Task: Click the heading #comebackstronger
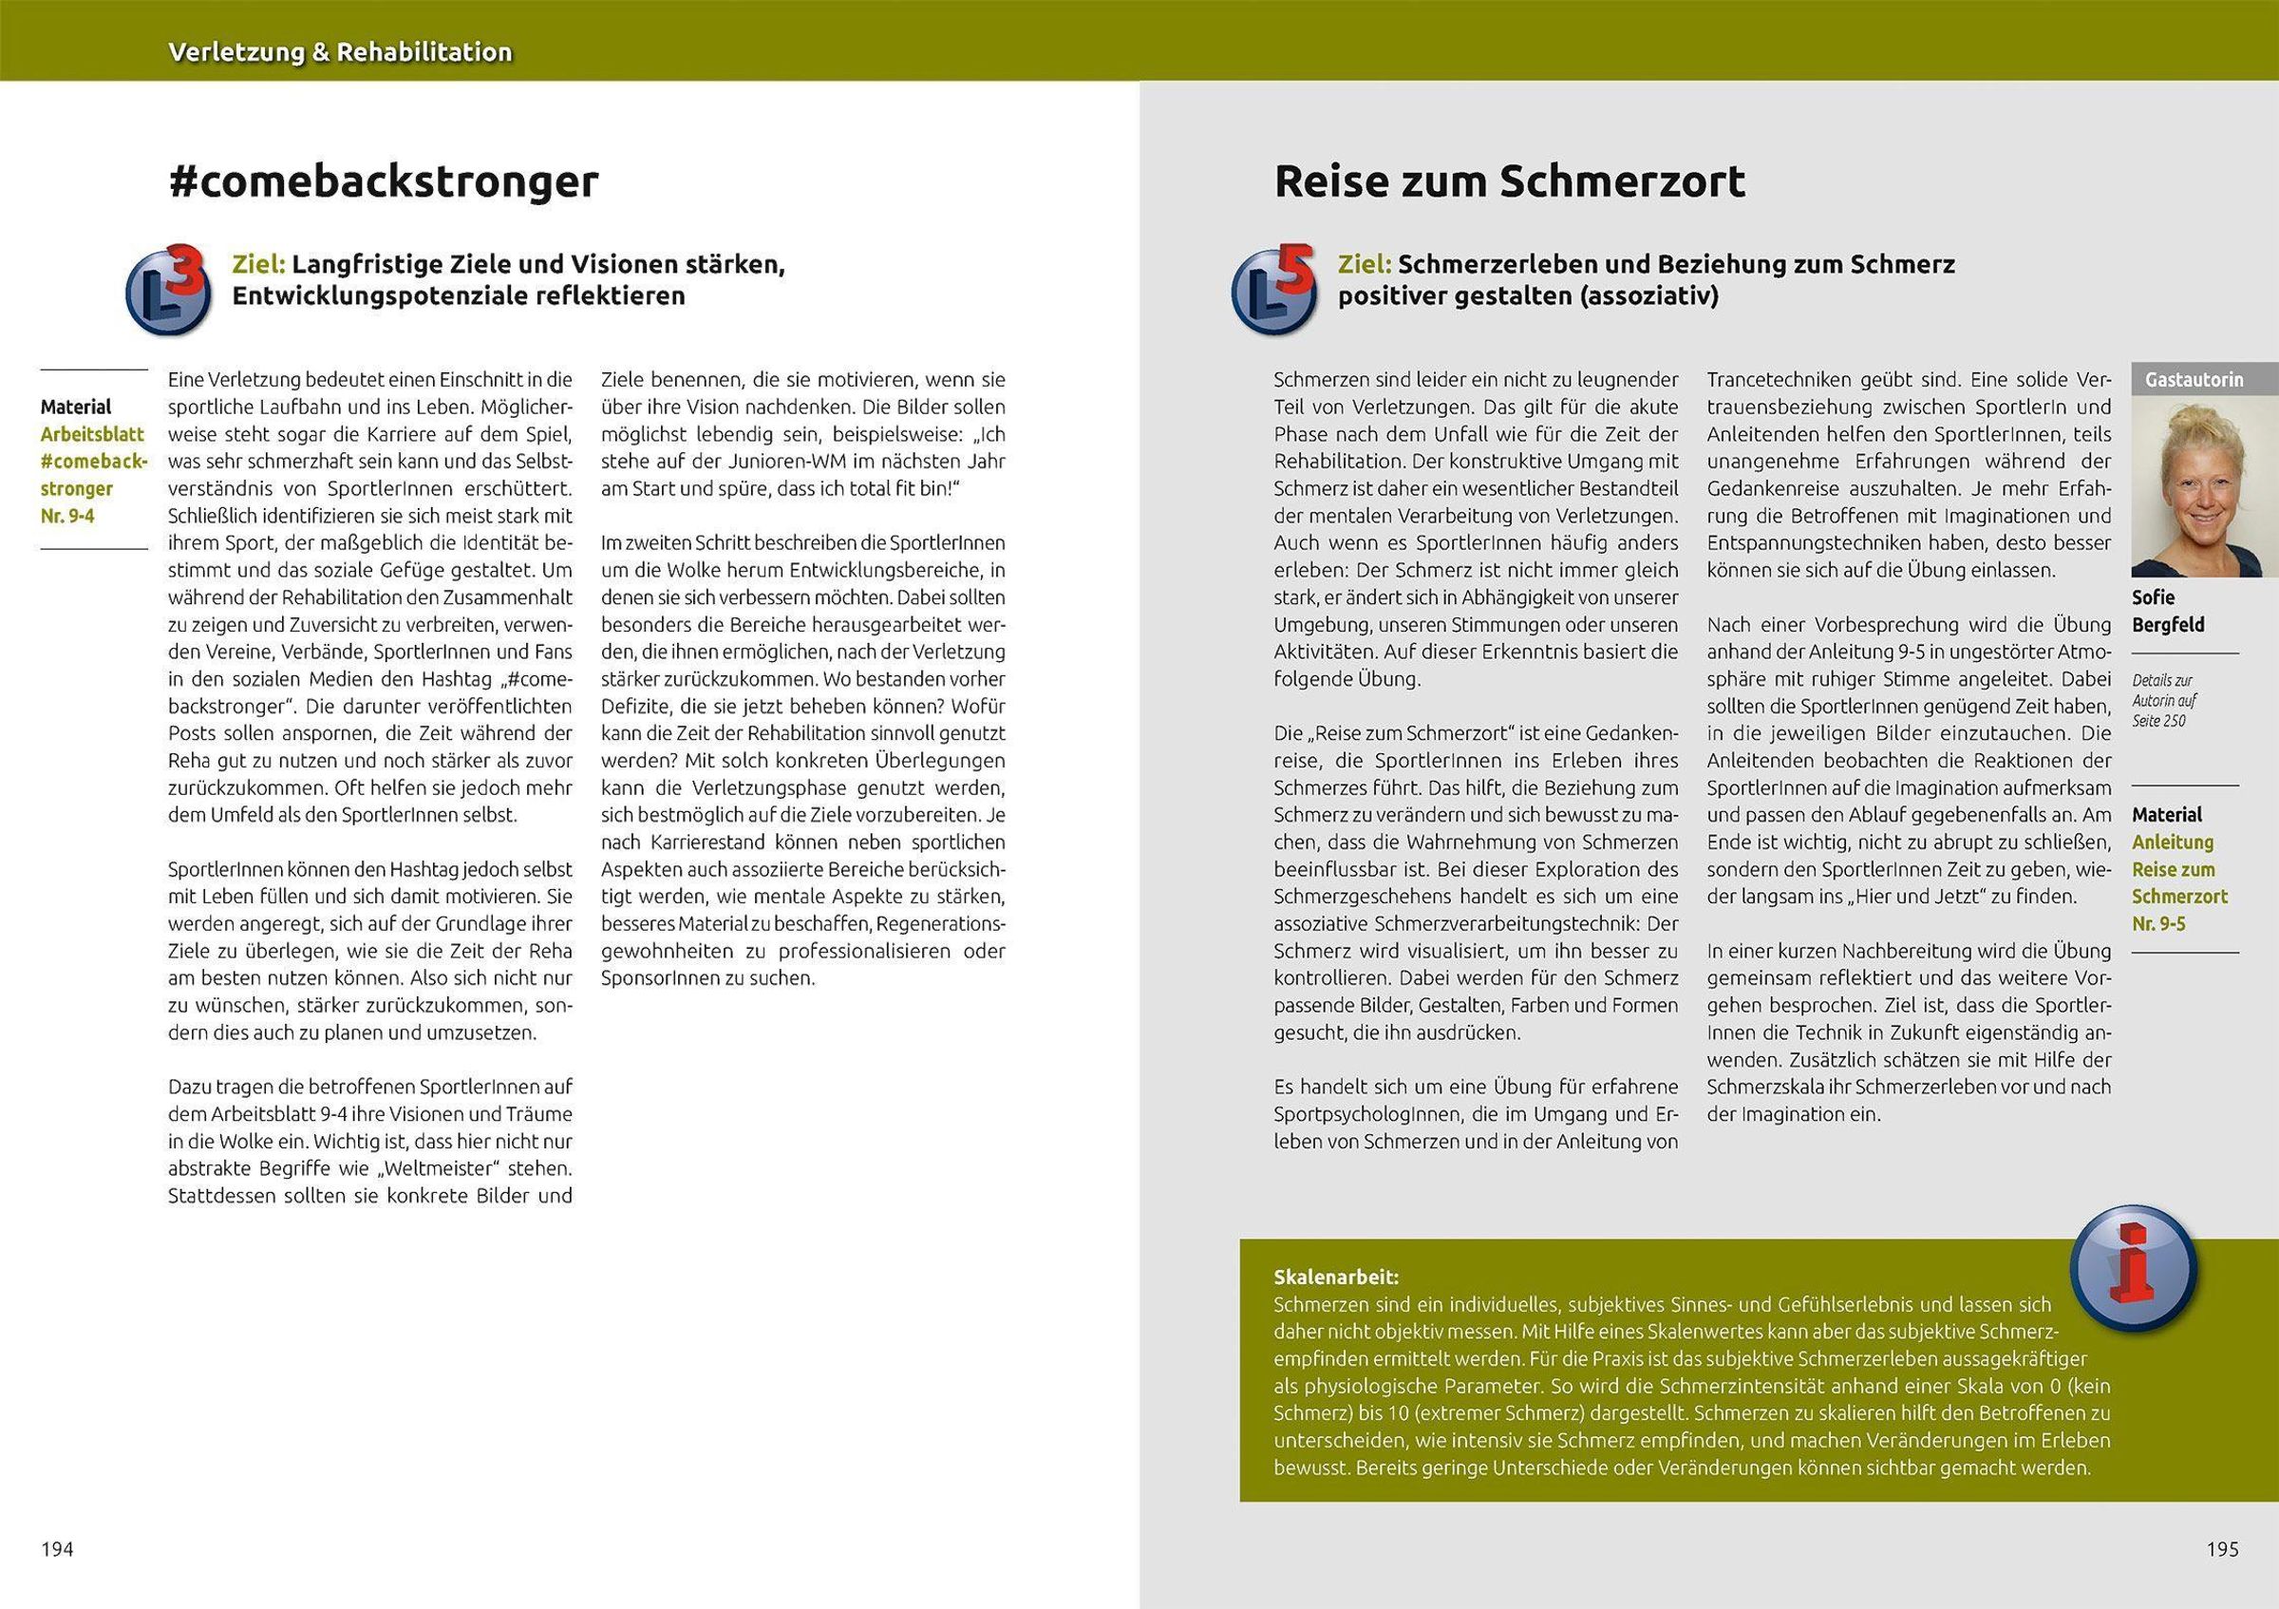(x=385, y=182)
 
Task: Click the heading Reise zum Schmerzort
(x=1509, y=182)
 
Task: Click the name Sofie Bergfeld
(x=2168, y=612)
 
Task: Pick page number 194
(x=58, y=1549)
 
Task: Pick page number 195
(x=2222, y=1549)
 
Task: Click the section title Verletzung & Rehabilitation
(x=341, y=52)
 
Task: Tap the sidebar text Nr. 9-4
(x=68, y=516)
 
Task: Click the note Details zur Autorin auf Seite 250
(x=2165, y=701)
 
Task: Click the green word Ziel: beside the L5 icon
(x=1365, y=265)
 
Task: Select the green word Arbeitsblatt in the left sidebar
(x=92, y=434)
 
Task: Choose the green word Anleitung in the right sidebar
(x=2173, y=842)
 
